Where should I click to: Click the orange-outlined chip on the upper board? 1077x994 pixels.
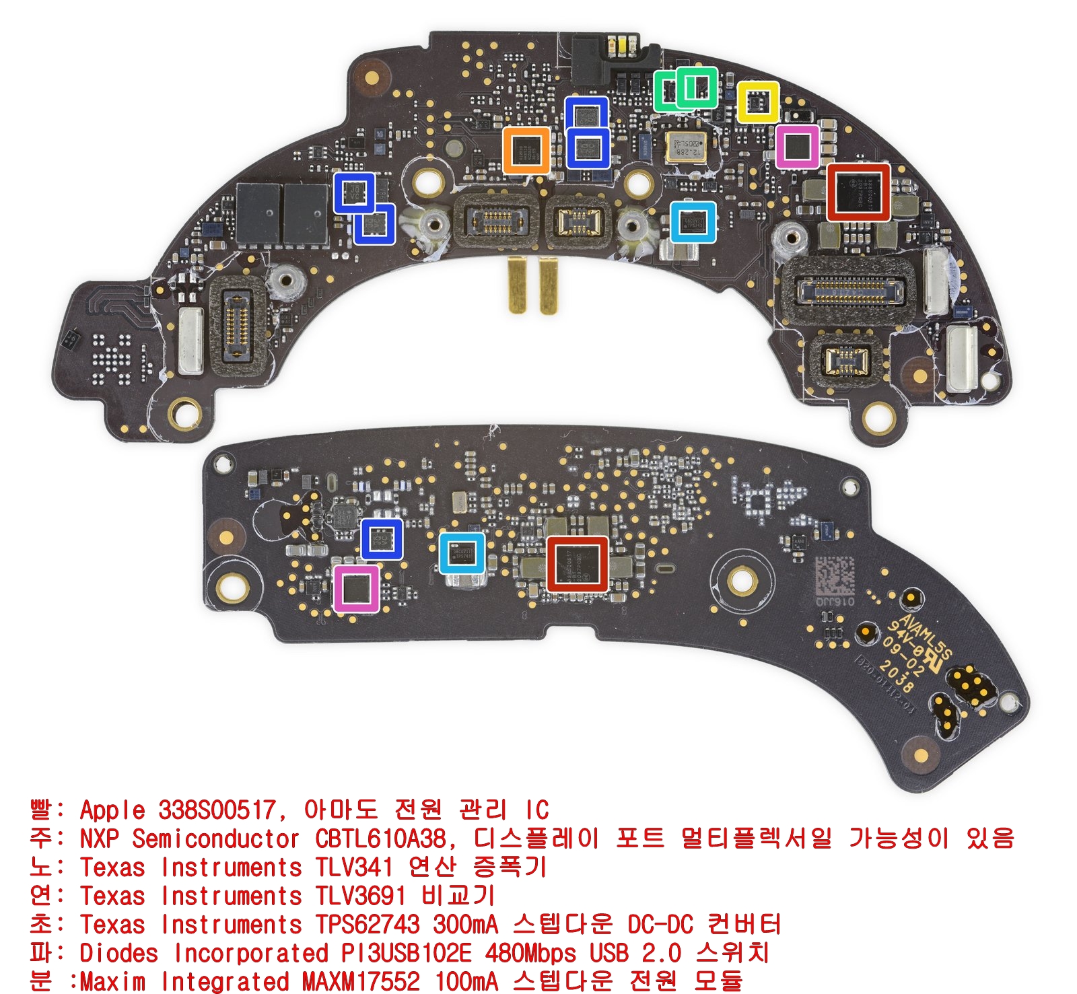[x=526, y=149]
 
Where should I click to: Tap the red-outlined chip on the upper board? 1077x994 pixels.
[x=858, y=192]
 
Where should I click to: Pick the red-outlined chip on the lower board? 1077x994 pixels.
[x=578, y=564]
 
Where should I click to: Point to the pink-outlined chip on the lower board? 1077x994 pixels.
[x=357, y=589]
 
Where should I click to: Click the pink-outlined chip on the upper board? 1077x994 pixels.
[x=797, y=147]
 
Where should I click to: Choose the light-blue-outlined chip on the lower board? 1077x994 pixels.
[x=462, y=553]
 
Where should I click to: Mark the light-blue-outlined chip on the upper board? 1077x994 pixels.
[x=693, y=221]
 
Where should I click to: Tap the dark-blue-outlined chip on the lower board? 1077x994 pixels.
[x=382, y=539]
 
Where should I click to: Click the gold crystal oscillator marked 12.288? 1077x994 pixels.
[x=687, y=146]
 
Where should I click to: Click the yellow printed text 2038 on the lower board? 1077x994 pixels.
[x=896, y=675]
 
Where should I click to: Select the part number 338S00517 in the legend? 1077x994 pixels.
[x=217, y=810]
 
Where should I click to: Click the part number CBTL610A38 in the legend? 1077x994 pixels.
[x=380, y=839]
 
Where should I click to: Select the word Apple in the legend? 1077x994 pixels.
[x=112, y=810]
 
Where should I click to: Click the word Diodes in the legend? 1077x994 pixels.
[x=118, y=953]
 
